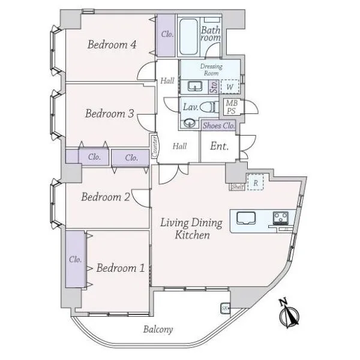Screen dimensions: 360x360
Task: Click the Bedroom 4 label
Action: pos(112,44)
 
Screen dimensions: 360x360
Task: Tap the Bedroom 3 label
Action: pos(109,113)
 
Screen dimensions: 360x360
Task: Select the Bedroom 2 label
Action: pos(106,197)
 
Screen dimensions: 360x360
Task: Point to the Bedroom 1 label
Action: pos(121,268)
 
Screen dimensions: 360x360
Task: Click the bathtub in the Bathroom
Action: pos(188,37)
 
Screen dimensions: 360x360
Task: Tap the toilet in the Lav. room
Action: pos(209,107)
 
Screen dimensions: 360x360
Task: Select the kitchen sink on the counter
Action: pos(246,218)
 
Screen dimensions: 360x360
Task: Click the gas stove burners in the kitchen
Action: pos(281,218)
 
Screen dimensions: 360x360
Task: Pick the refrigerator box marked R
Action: pos(256,182)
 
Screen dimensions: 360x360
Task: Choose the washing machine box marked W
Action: pos(230,86)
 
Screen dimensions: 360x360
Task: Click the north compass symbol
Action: pos(289,314)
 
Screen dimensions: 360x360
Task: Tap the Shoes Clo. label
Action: pos(219,125)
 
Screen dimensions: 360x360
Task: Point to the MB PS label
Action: pos(232,107)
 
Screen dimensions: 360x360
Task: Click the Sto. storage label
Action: pos(214,87)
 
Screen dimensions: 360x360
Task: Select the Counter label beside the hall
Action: pos(154,146)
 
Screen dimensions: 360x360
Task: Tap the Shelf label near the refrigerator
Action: pos(237,187)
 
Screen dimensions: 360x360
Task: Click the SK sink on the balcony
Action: pos(224,308)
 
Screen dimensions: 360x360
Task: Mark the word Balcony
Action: pos(158,329)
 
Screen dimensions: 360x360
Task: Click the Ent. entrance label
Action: pos(219,146)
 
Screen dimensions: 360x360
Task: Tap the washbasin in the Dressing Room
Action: pos(194,86)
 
